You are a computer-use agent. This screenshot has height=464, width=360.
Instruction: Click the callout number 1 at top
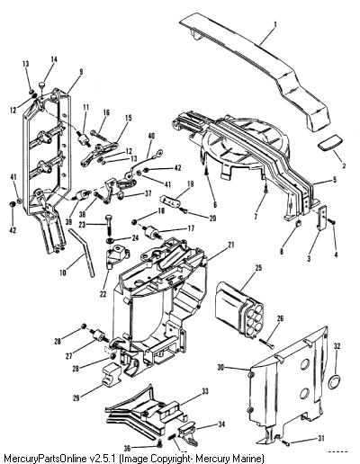point(275,24)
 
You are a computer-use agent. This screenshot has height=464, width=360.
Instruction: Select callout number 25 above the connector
point(258,267)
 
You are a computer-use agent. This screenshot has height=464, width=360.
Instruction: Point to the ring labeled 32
point(334,382)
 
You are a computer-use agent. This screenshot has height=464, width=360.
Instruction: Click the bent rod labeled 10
point(82,251)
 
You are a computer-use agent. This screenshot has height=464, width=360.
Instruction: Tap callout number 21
point(230,245)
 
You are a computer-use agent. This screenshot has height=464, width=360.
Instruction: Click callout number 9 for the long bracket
point(81,72)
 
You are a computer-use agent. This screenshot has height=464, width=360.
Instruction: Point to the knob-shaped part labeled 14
point(43,85)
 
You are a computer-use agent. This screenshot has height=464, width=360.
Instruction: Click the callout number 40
point(151,136)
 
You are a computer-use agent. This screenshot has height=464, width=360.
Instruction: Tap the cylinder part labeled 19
point(171,201)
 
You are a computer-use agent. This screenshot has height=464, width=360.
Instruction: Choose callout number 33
point(205,391)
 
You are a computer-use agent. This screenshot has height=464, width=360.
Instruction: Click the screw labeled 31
point(286,443)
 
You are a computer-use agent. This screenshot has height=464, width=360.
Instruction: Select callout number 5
point(335,180)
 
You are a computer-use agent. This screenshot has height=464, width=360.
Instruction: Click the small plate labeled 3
point(322,219)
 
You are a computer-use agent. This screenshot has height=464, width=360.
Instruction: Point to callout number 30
point(220,367)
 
